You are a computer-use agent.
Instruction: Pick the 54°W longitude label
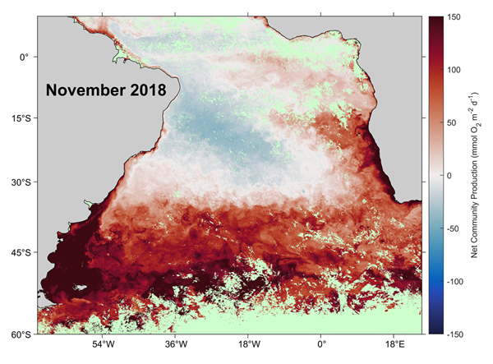(102, 346)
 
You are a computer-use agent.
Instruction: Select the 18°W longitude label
(249, 346)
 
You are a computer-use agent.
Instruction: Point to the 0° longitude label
(321, 346)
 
